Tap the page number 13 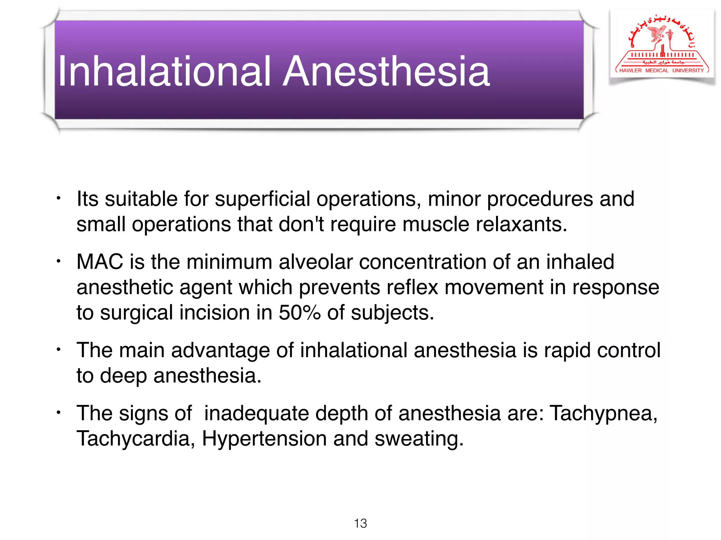[x=360, y=523]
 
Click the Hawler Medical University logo [x=662, y=46]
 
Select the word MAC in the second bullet [x=100, y=262]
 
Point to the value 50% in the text [x=300, y=313]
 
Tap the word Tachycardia [x=133, y=439]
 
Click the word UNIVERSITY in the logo [x=688, y=70]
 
